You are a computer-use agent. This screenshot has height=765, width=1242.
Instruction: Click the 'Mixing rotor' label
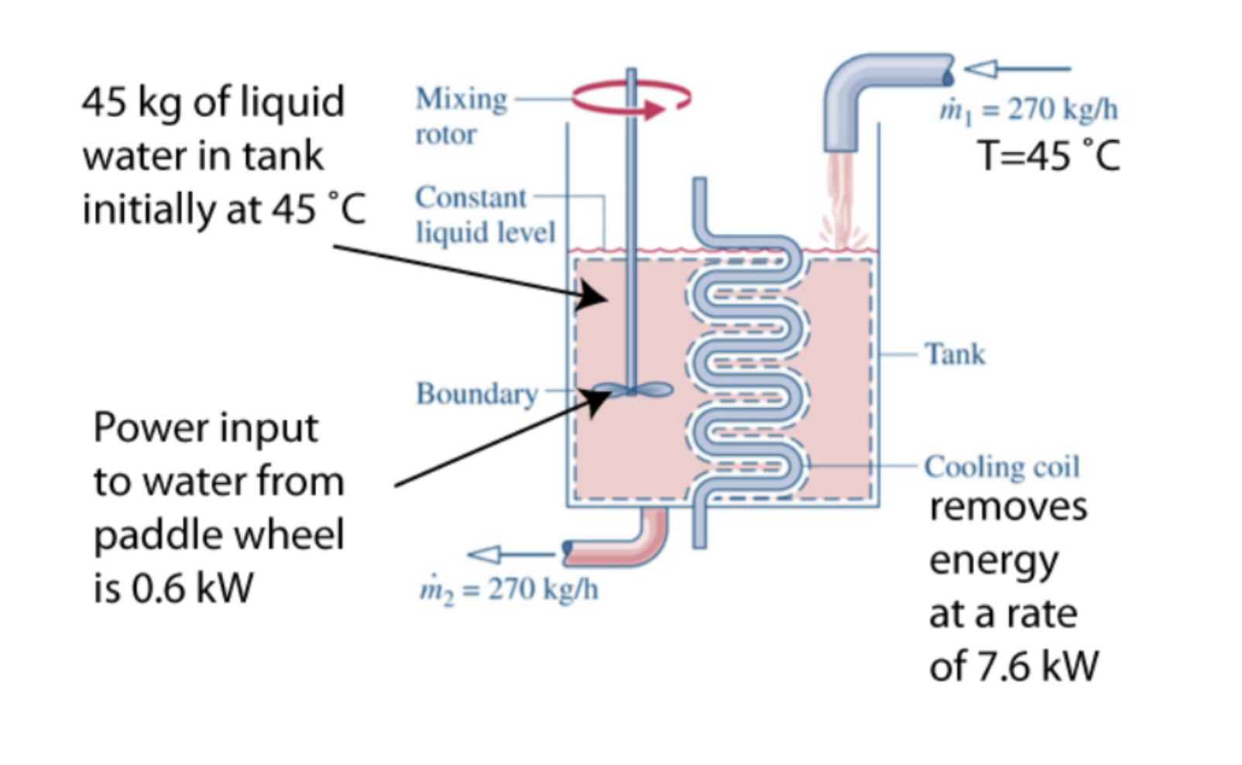pyautogui.click(x=461, y=116)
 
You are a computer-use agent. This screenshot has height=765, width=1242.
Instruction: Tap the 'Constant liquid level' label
pyautogui.click(x=485, y=215)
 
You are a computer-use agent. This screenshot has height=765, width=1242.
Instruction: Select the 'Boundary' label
pyautogui.click(x=477, y=394)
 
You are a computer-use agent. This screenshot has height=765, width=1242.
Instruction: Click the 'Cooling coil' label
pyautogui.click(x=1002, y=467)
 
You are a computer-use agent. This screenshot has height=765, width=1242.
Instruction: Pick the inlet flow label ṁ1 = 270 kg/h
pyautogui.click(x=1029, y=111)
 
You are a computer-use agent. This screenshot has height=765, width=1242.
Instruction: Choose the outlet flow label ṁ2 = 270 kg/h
pyautogui.click(x=509, y=591)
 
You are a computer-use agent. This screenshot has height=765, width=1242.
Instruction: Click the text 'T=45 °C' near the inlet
pyautogui.click(x=1048, y=156)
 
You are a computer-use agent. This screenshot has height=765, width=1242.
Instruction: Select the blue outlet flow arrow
pyautogui.click(x=511, y=554)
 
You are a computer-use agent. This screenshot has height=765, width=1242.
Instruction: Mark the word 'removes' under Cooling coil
pyautogui.click(x=1008, y=507)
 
